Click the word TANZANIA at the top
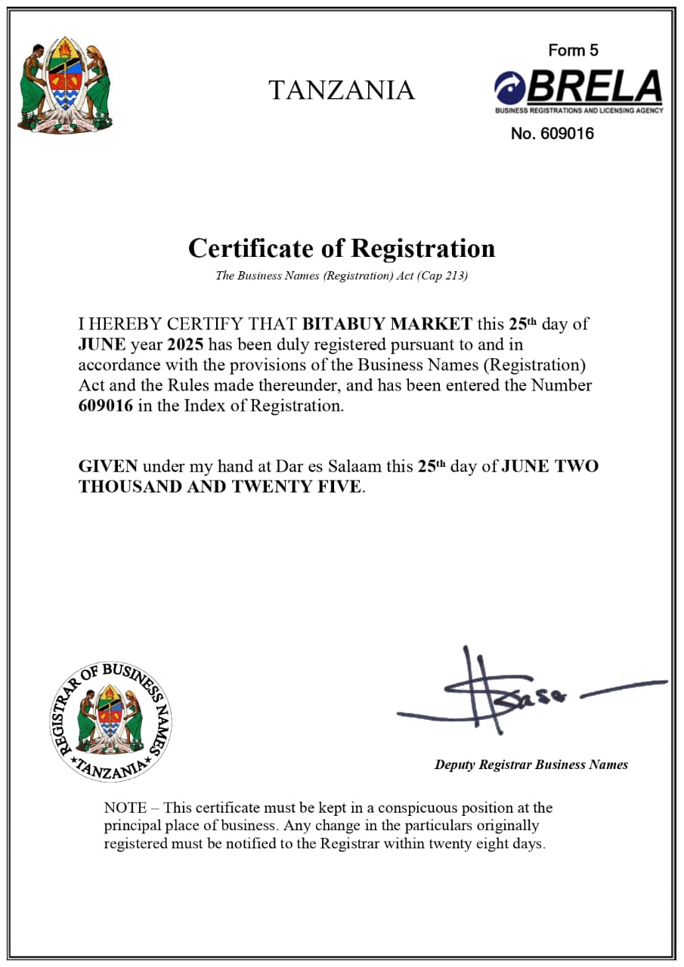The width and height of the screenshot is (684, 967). coord(342,91)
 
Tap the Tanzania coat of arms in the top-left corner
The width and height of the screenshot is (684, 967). coord(65,85)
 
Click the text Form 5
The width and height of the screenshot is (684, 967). coord(573,51)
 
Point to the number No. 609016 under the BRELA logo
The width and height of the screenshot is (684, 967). coord(552,134)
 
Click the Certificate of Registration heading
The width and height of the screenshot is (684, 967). coord(342,248)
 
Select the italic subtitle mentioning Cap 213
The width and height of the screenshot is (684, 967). coord(342,276)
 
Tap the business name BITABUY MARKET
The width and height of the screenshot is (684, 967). coord(387,325)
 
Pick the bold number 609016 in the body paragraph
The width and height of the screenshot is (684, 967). coord(105,406)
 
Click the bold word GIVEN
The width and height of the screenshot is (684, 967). coord(108,466)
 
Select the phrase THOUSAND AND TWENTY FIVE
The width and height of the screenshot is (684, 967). coord(219,487)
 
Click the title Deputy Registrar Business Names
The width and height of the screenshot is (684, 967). coord(531,765)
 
